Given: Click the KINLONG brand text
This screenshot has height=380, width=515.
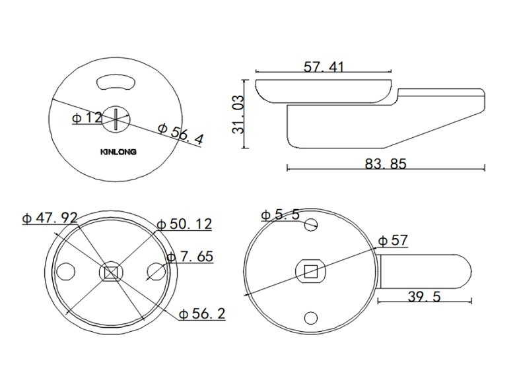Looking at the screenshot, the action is (118, 152).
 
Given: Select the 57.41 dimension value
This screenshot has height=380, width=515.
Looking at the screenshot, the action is (324, 67).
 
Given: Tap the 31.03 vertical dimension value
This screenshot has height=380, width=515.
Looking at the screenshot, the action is (238, 114).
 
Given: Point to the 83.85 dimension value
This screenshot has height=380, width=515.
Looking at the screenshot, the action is (386, 164).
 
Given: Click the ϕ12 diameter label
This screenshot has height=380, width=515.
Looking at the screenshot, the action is (87, 117).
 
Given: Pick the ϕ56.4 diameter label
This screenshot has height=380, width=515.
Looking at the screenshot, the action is (181, 134).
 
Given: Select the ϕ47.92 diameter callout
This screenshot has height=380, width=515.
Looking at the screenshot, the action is (50, 218).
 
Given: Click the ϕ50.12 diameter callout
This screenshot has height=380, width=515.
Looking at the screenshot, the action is (184, 224).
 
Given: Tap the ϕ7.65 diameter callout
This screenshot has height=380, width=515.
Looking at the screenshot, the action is (190, 256).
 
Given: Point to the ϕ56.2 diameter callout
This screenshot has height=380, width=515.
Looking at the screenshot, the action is (202, 314).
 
